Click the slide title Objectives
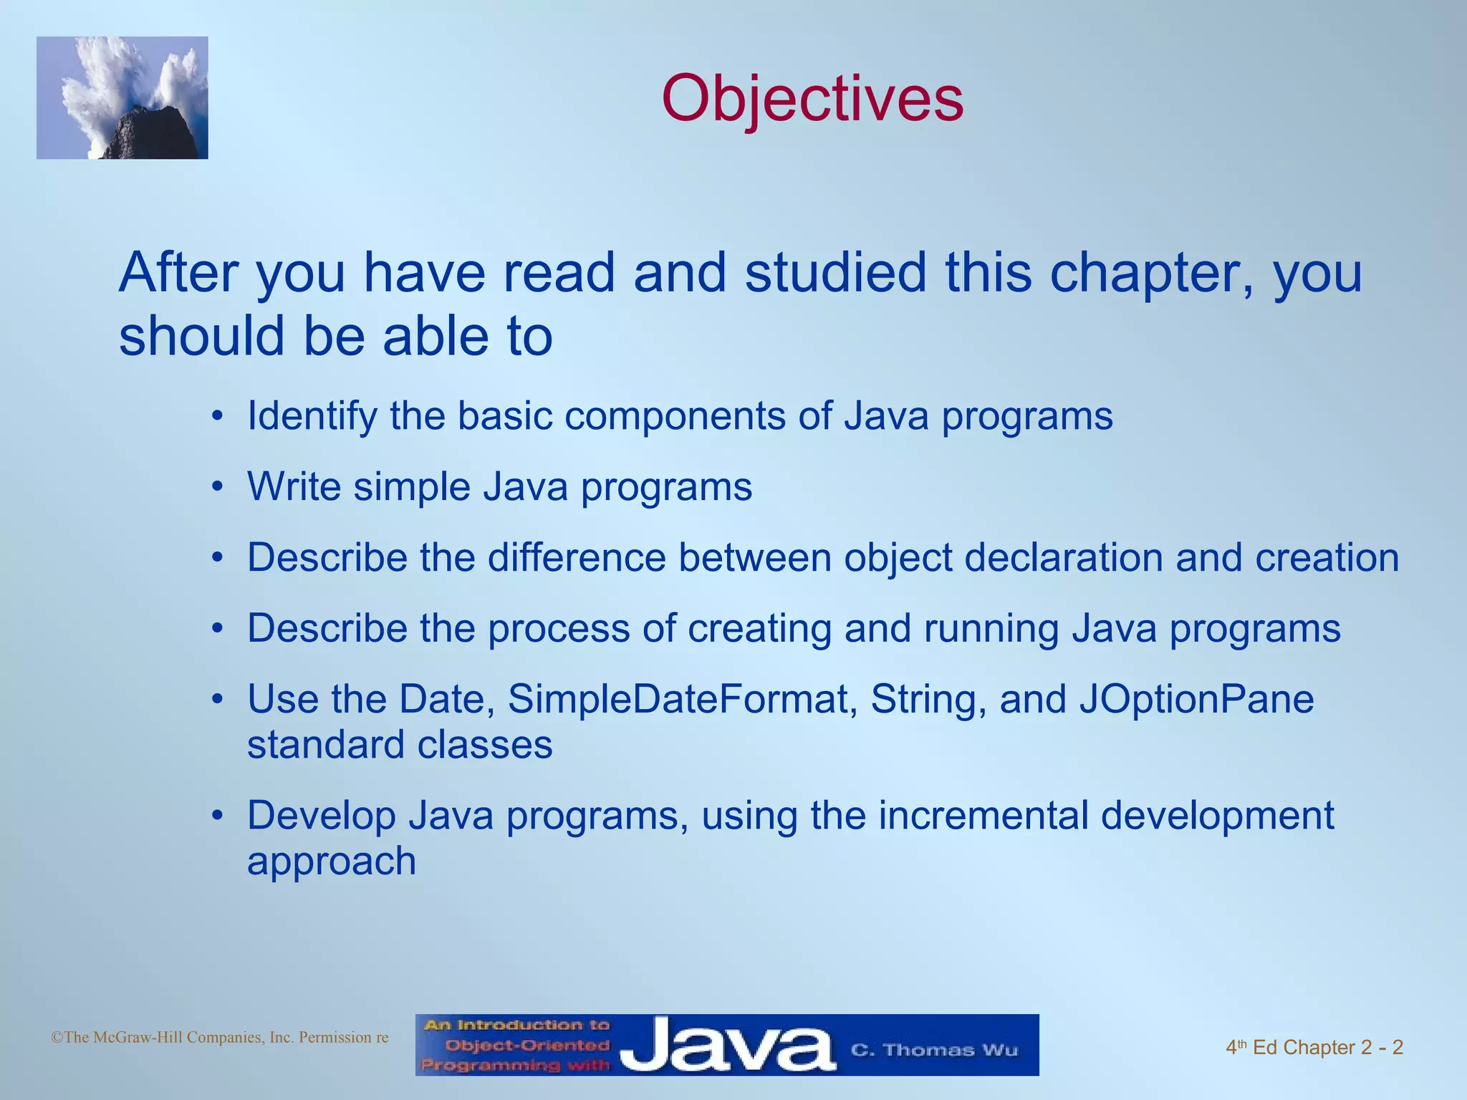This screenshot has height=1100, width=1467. click(x=812, y=99)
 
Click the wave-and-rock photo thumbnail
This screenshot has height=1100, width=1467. click(x=122, y=98)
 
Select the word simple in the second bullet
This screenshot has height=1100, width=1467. click(x=411, y=487)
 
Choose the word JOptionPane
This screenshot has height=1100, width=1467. click(x=1196, y=699)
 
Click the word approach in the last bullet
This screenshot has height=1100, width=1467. click(x=332, y=862)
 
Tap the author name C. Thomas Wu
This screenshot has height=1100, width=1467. click(x=934, y=1050)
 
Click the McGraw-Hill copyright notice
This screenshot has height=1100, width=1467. click(x=220, y=1037)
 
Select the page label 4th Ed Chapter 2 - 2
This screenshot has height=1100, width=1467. click(x=1314, y=1048)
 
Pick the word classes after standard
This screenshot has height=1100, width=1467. click(x=485, y=745)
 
